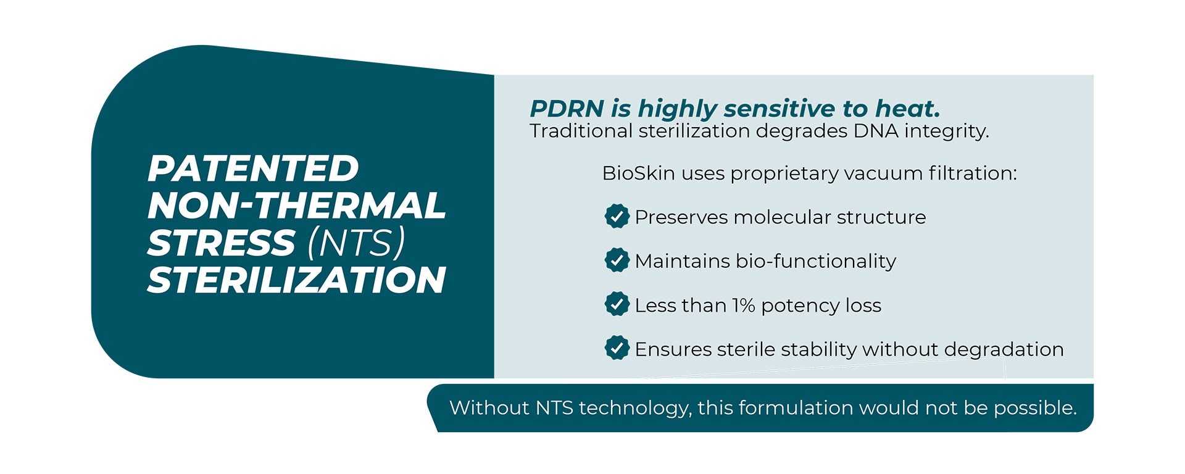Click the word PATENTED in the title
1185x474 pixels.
point(253,168)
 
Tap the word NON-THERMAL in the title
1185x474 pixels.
point(297,206)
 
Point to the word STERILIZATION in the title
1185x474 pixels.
point(297,280)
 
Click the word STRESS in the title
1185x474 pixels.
point(222,243)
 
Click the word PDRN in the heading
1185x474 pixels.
point(567,109)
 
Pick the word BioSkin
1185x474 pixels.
point(639,173)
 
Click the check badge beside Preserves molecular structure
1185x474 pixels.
point(617,216)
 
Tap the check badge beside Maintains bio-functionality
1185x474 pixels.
point(617,260)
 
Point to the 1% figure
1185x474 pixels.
point(743,306)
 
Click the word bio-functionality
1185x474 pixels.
point(816,262)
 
